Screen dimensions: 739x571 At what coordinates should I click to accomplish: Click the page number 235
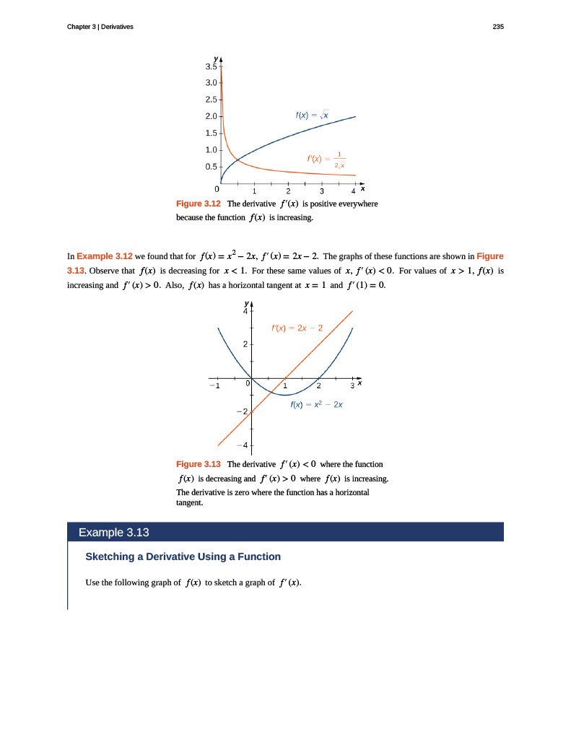(x=497, y=27)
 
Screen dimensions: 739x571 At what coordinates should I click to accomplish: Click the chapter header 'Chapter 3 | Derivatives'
(x=100, y=27)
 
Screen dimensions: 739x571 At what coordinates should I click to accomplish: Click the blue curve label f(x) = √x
(x=312, y=115)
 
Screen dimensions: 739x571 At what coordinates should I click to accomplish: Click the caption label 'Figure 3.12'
(x=199, y=204)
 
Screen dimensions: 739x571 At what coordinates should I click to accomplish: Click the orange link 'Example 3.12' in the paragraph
(x=105, y=256)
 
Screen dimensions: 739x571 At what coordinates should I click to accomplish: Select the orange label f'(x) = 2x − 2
(x=296, y=328)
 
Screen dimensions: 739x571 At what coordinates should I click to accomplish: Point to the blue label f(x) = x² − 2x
(x=315, y=405)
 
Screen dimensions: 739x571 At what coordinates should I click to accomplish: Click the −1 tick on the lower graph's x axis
(x=214, y=386)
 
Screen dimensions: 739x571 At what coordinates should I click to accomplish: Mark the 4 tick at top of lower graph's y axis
(x=245, y=312)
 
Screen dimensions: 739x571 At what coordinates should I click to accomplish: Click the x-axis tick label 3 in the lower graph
(x=351, y=386)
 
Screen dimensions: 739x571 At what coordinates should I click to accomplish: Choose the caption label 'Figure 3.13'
(x=199, y=463)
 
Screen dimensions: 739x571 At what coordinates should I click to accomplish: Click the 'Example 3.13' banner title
(x=113, y=533)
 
